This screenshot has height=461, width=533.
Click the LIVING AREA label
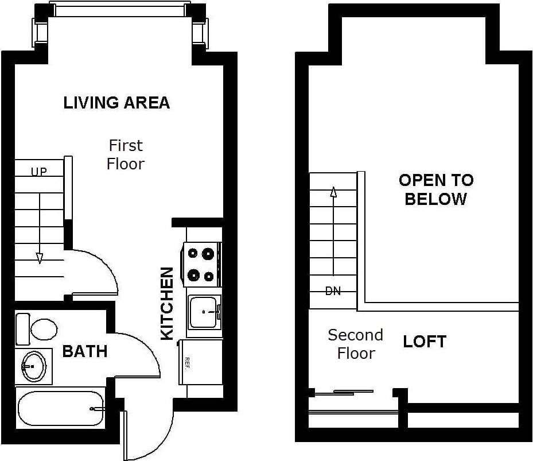pos(116,103)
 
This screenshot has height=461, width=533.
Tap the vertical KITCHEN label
pos(166,303)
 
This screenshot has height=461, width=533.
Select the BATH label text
pos(84,351)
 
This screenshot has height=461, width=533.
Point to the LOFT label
pos(425,342)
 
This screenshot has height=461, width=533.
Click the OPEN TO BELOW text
pos(436,189)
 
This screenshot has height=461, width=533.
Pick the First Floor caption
pos(126,154)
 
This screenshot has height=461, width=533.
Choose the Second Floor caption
pos(355,344)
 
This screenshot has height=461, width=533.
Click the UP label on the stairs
pos(39,171)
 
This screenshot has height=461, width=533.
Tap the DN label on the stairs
pos(333,291)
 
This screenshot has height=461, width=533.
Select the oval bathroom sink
pos(33,366)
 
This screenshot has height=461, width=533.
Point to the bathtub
pos(60,408)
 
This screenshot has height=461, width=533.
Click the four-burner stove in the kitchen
pos(201,264)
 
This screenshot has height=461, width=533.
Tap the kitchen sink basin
pos(203,312)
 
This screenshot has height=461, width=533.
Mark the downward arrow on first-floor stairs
pos(39,230)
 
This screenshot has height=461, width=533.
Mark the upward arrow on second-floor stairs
pos(333,230)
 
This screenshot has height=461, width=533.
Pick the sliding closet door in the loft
pos(344,393)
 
